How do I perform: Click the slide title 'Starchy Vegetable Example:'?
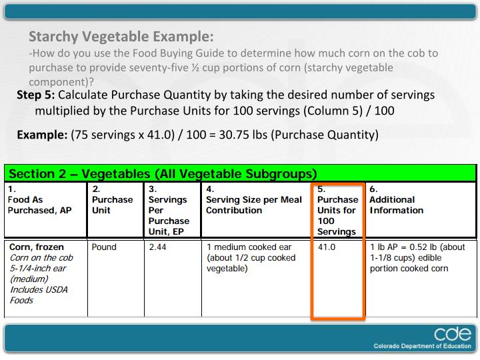121,36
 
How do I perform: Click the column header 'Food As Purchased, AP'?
33,205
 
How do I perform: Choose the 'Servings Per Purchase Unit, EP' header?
169,210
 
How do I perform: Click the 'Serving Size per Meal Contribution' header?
254,205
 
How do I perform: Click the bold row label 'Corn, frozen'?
37,247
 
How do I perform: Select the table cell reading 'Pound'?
104,247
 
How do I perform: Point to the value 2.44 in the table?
159,247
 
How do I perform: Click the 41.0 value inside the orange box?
327,247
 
